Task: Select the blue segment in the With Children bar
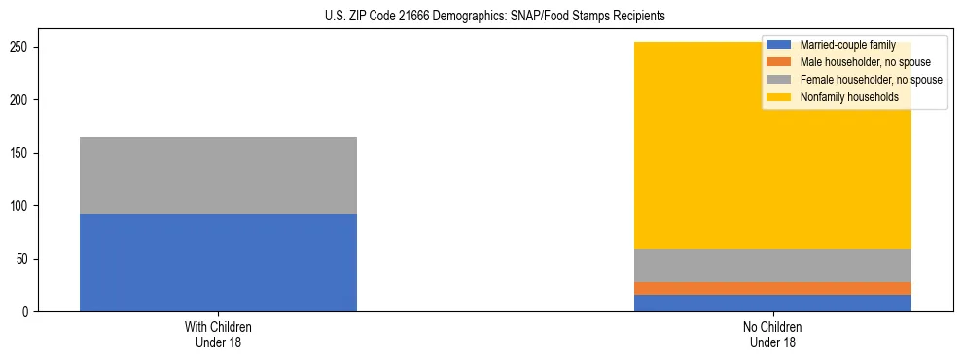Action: tap(218, 263)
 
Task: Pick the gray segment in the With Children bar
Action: tap(218, 175)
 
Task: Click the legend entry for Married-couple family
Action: tap(847, 45)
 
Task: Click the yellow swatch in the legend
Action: tap(779, 97)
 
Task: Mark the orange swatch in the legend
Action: tap(779, 62)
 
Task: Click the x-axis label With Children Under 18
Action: tap(218, 334)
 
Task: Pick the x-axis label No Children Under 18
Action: tap(772, 334)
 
